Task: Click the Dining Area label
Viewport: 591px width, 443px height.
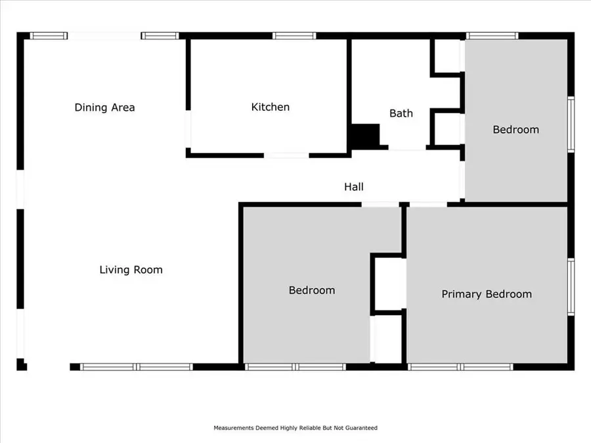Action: pyautogui.click(x=104, y=107)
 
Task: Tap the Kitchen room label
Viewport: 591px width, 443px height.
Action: pyautogui.click(x=270, y=107)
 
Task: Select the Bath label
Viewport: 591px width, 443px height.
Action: pyautogui.click(x=401, y=113)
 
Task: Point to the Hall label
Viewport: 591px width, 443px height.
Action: pyautogui.click(x=354, y=187)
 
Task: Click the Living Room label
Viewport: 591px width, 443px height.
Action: pyautogui.click(x=131, y=269)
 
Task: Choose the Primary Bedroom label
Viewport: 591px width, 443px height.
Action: pyautogui.click(x=486, y=294)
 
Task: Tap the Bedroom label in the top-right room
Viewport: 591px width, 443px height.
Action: pyautogui.click(x=515, y=129)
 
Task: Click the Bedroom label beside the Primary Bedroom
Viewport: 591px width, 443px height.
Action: pyautogui.click(x=312, y=290)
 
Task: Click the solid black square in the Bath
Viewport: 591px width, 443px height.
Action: pyautogui.click(x=364, y=136)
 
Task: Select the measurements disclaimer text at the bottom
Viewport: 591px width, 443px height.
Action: pyautogui.click(x=295, y=428)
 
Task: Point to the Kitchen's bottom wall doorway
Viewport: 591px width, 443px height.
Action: pyautogui.click(x=286, y=156)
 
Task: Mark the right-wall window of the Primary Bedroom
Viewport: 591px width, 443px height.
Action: pyautogui.click(x=571, y=287)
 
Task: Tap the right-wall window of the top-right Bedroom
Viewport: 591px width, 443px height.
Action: pyautogui.click(x=571, y=125)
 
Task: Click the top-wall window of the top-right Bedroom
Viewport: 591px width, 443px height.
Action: pyautogui.click(x=492, y=35)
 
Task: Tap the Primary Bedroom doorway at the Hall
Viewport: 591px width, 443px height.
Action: pyautogui.click(x=427, y=204)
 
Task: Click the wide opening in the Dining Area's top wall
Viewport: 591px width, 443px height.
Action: pyautogui.click(x=104, y=36)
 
